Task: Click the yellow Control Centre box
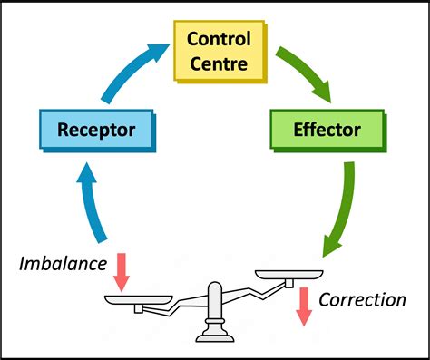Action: click(x=220, y=51)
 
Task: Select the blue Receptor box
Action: click(x=95, y=130)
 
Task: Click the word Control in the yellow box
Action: click(x=220, y=40)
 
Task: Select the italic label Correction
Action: click(x=361, y=299)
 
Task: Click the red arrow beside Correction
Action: click(x=304, y=305)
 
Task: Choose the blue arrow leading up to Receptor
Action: click(x=88, y=205)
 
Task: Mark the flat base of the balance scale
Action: click(x=214, y=338)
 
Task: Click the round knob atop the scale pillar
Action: click(x=215, y=290)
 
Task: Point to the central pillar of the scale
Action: click(x=215, y=314)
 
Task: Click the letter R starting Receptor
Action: click(x=63, y=130)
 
